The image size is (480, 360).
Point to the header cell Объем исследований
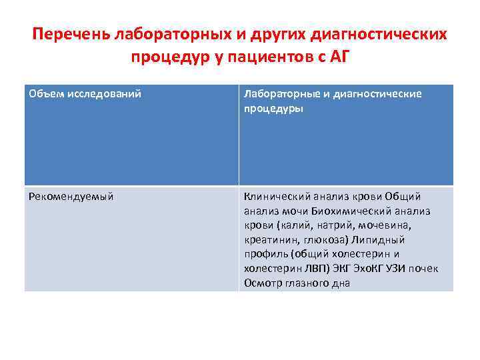tap(85, 94)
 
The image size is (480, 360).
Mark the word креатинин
tap(269, 240)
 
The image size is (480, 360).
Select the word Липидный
tap(382, 240)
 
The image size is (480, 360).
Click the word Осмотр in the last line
tap(263, 283)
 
